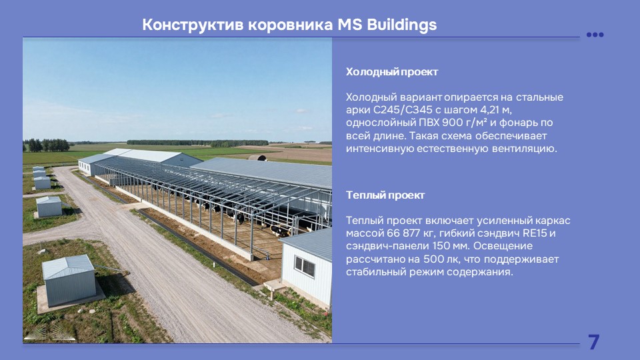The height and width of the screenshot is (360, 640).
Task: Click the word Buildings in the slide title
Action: [401, 25]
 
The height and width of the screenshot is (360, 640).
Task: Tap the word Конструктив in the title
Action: [193, 25]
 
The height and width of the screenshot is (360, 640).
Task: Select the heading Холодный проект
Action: [392, 72]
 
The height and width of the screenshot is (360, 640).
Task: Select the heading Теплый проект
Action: [385, 195]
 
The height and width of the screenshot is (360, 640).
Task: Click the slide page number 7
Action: [593, 342]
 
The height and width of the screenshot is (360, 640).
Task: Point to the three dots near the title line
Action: [595, 35]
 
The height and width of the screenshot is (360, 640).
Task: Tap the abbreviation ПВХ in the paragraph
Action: [429, 123]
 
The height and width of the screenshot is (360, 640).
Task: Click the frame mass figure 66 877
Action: [405, 233]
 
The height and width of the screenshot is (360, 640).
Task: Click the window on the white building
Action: [305, 267]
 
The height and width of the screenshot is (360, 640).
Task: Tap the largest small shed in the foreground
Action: [69, 280]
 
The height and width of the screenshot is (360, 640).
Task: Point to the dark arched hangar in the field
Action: [257, 157]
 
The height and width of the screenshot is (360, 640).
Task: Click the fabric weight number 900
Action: [452, 123]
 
